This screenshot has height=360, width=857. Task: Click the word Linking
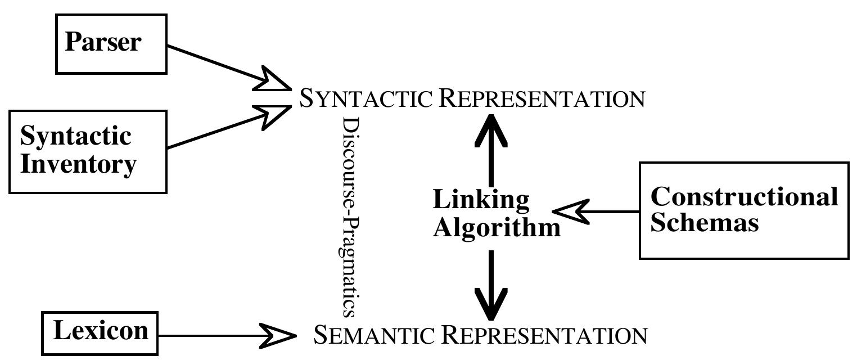tap(481, 199)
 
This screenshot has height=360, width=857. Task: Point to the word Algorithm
tap(497, 228)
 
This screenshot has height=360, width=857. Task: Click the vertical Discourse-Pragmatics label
tap(350, 217)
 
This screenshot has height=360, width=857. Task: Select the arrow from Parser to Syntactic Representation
tap(229, 68)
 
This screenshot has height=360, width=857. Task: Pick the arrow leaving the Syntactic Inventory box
tap(229, 126)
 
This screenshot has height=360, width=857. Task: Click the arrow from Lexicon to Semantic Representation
tap(227, 336)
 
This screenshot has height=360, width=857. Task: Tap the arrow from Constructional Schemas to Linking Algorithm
tap(596, 211)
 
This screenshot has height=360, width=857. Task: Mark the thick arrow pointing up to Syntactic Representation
tap(491, 150)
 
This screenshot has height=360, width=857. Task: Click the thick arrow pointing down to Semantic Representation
tap(491, 285)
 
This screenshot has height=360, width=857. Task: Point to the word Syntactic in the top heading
tap(366, 98)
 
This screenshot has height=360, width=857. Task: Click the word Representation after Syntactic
tap(542, 98)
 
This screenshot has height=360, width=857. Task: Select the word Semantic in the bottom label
tap(374, 335)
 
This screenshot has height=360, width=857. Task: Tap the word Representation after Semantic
tap(544, 335)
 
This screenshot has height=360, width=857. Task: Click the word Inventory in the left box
tap(78, 165)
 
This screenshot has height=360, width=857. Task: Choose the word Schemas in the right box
tap(705, 222)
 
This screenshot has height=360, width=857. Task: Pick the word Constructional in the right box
tap(744, 197)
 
